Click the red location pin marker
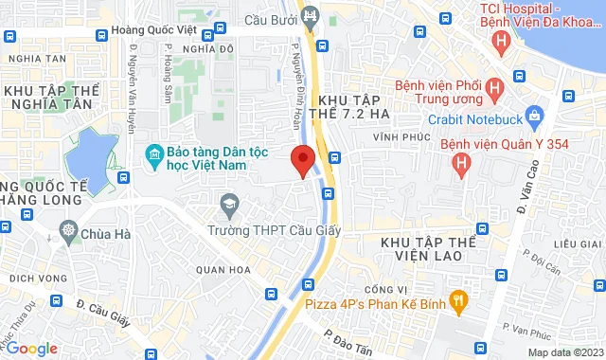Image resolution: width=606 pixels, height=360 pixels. coord(303,160)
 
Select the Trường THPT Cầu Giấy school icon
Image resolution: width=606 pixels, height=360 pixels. coord(228,204)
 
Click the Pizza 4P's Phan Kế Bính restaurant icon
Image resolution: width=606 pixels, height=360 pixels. coord(457,302)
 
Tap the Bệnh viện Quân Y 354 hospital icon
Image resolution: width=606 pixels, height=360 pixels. coord(461,166)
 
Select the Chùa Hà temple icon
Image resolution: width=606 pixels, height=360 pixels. coord(69,229)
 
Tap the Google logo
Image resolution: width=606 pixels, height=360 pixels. coord(31,349)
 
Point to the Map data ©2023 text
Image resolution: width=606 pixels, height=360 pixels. coord(563,352)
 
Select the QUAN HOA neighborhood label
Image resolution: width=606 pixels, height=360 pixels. coord(224,269)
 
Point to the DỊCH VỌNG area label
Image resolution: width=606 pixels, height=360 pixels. coord(36,278)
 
